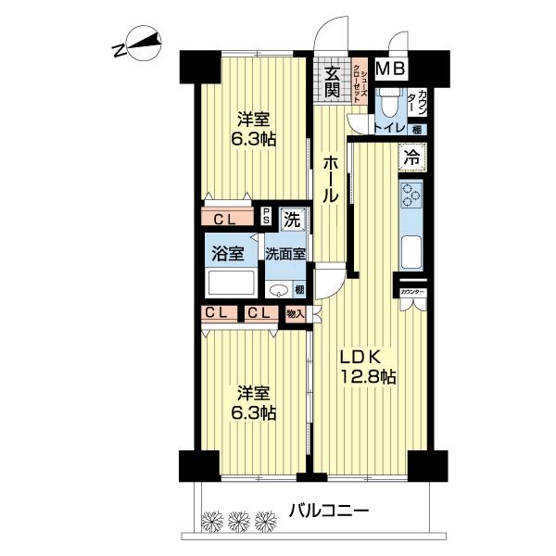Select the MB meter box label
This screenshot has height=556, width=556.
391,68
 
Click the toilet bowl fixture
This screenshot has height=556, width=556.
387,102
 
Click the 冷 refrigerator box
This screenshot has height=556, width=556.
411,158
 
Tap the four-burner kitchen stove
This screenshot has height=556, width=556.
411,196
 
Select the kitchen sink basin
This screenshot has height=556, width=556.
411,251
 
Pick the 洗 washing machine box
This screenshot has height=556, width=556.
290,221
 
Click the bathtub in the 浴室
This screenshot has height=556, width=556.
230,282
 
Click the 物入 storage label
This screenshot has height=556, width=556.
296,314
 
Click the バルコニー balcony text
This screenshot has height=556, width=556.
329,511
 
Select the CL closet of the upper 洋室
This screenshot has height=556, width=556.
225,220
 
